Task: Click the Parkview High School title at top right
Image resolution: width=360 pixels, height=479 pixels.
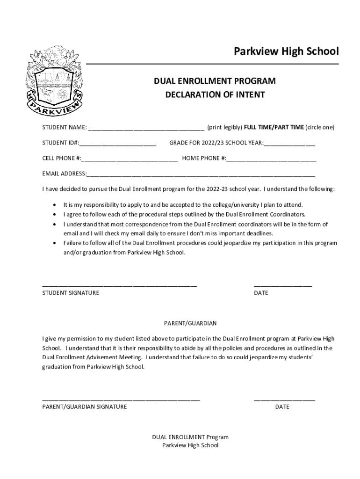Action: coord(286,51)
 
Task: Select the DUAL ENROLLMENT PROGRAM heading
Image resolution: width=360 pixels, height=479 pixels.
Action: coord(215,81)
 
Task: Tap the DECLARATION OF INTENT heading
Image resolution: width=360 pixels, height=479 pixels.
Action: coord(215,95)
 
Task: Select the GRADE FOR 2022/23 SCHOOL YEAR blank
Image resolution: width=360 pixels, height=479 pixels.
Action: coord(289,144)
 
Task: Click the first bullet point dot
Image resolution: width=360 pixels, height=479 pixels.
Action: coord(56,205)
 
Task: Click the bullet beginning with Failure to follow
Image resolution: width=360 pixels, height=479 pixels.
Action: coord(56,243)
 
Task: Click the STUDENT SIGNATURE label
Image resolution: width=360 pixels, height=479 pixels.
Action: coord(71,293)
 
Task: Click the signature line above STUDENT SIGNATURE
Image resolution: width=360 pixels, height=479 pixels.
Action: coord(120,285)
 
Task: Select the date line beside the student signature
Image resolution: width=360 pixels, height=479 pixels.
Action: coord(283,285)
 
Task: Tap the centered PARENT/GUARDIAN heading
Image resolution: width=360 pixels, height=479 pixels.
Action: coord(190,323)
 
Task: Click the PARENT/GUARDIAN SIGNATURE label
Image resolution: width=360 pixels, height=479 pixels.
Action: coord(85,407)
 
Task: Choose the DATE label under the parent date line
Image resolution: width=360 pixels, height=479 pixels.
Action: coord(282,407)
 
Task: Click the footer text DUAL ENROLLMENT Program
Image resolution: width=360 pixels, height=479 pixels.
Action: coord(190,437)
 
